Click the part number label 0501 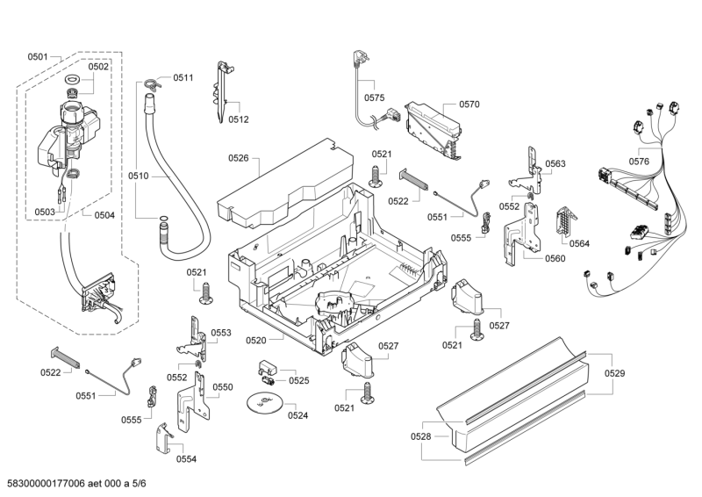pyautogui.click(x=37, y=57)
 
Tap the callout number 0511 pyautogui.click(x=183, y=78)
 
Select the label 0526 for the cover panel pyautogui.click(x=239, y=158)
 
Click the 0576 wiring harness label pyautogui.click(x=639, y=161)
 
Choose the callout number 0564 pyautogui.click(x=579, y=242)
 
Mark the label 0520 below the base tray pyautogui.click(x=256, y=339)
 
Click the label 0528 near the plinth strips pyautogui.click(x=421, y=436)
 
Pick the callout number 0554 pyautogui.click(x=186, y=458)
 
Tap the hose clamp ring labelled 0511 pyautogui.click(x=151, y=84)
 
